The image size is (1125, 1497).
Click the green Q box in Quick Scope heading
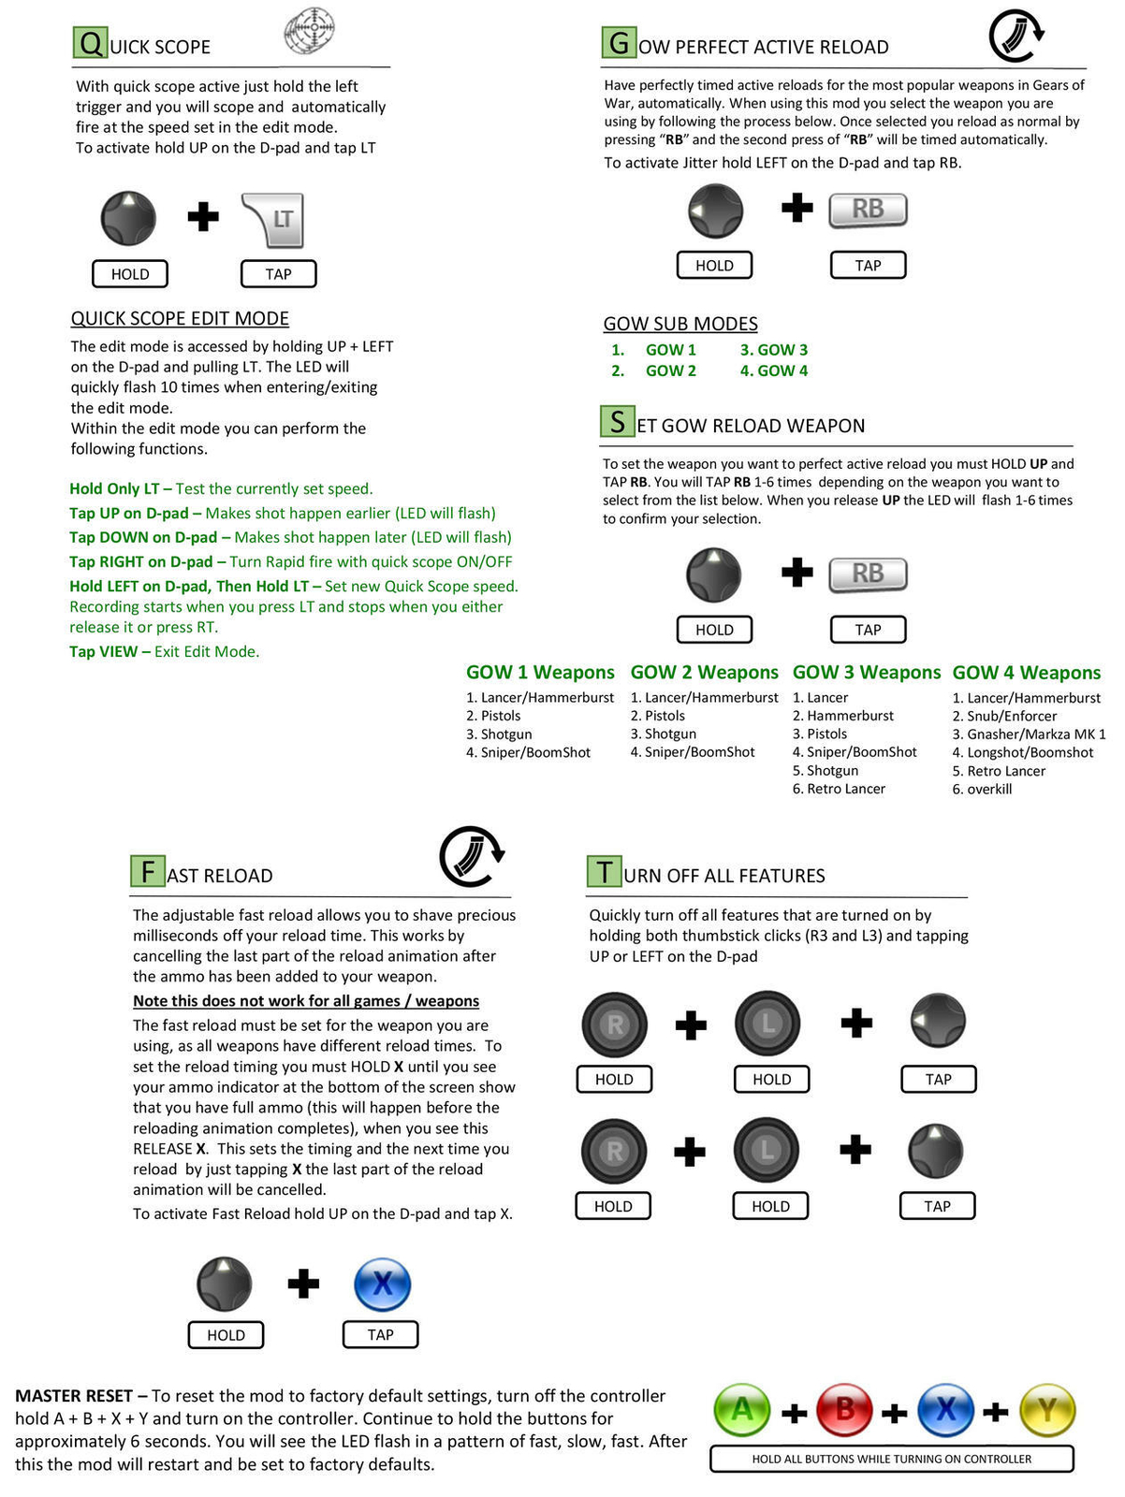pos(90,43)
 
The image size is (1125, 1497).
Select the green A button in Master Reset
pos(741,1410)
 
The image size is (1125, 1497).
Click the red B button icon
pos(844,1410)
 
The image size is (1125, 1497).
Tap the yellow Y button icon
pos(1047,1410)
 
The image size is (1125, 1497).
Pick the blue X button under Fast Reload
pos(382,1284)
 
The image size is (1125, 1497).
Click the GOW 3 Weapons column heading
pos(866,673)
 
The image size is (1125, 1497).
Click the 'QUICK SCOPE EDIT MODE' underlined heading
pos(180,319)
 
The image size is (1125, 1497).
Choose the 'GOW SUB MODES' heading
pos(680,325)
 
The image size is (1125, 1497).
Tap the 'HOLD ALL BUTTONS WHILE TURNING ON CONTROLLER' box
pos(891,1459)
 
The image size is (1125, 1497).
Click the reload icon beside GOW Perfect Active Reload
pos(1015,36)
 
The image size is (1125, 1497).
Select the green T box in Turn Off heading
pos(604,872)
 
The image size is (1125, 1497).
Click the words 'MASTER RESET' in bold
pos(74,1396)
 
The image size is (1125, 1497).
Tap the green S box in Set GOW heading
pos(617,422)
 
